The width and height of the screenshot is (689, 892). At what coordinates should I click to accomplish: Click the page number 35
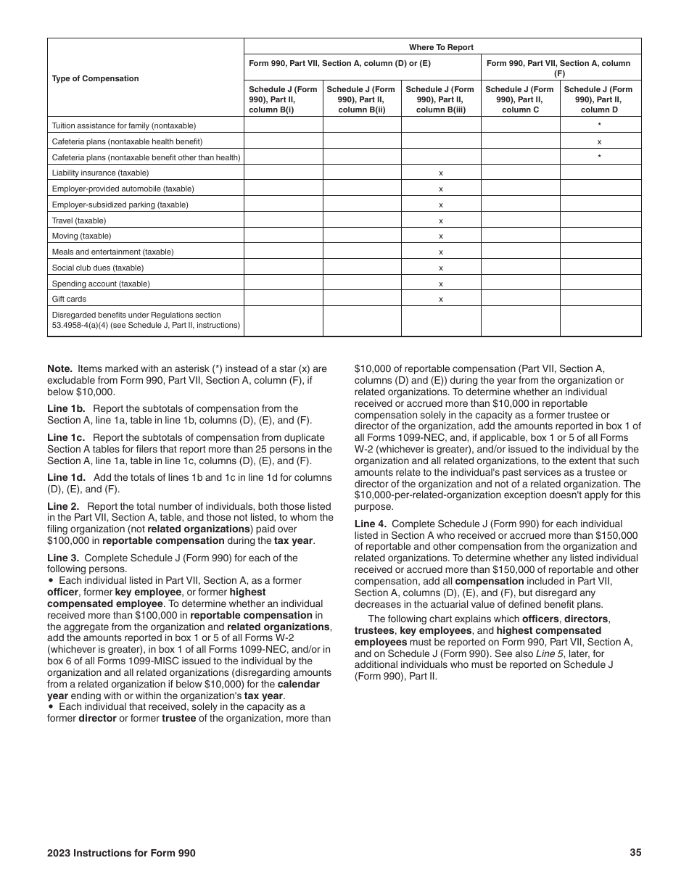tap(635, 853)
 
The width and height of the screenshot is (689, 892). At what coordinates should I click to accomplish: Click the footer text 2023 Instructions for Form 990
tap(121, 853)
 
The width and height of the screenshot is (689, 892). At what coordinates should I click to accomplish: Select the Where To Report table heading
tap(441, 47)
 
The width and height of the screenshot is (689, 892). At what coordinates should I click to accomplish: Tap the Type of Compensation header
tap(95, 78)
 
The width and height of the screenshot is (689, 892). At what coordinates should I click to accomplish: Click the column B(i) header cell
tap(283, 99)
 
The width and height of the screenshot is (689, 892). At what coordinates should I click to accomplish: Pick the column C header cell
tap(520, 99)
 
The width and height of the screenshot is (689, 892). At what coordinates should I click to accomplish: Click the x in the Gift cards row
tap(441, 299)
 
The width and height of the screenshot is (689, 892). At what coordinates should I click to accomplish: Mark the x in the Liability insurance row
tap(441, 173)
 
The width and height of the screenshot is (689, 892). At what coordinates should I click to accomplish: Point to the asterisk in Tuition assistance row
tap(599, 125)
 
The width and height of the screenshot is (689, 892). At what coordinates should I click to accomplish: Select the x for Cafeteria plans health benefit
tap(599, 141)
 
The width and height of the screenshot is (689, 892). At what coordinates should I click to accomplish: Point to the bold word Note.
tap(59, 368)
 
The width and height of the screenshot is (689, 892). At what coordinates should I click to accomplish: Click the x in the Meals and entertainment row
tap(441, 252)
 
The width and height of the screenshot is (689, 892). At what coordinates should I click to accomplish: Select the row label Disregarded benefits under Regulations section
tap(136, 315)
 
